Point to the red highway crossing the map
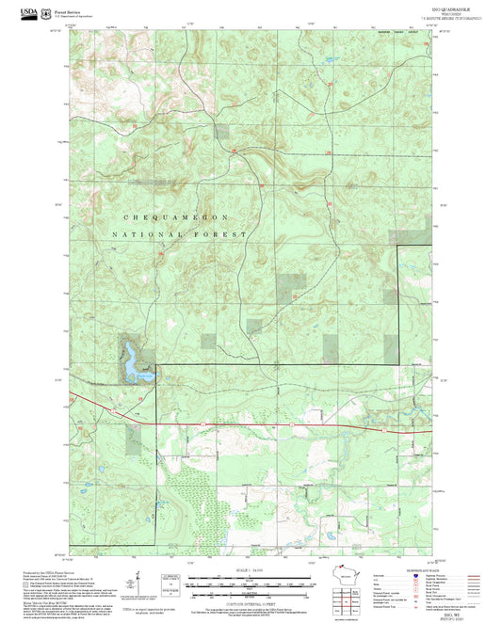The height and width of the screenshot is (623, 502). coord(283,423)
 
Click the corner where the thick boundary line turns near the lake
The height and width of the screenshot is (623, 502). coord(156,365)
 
